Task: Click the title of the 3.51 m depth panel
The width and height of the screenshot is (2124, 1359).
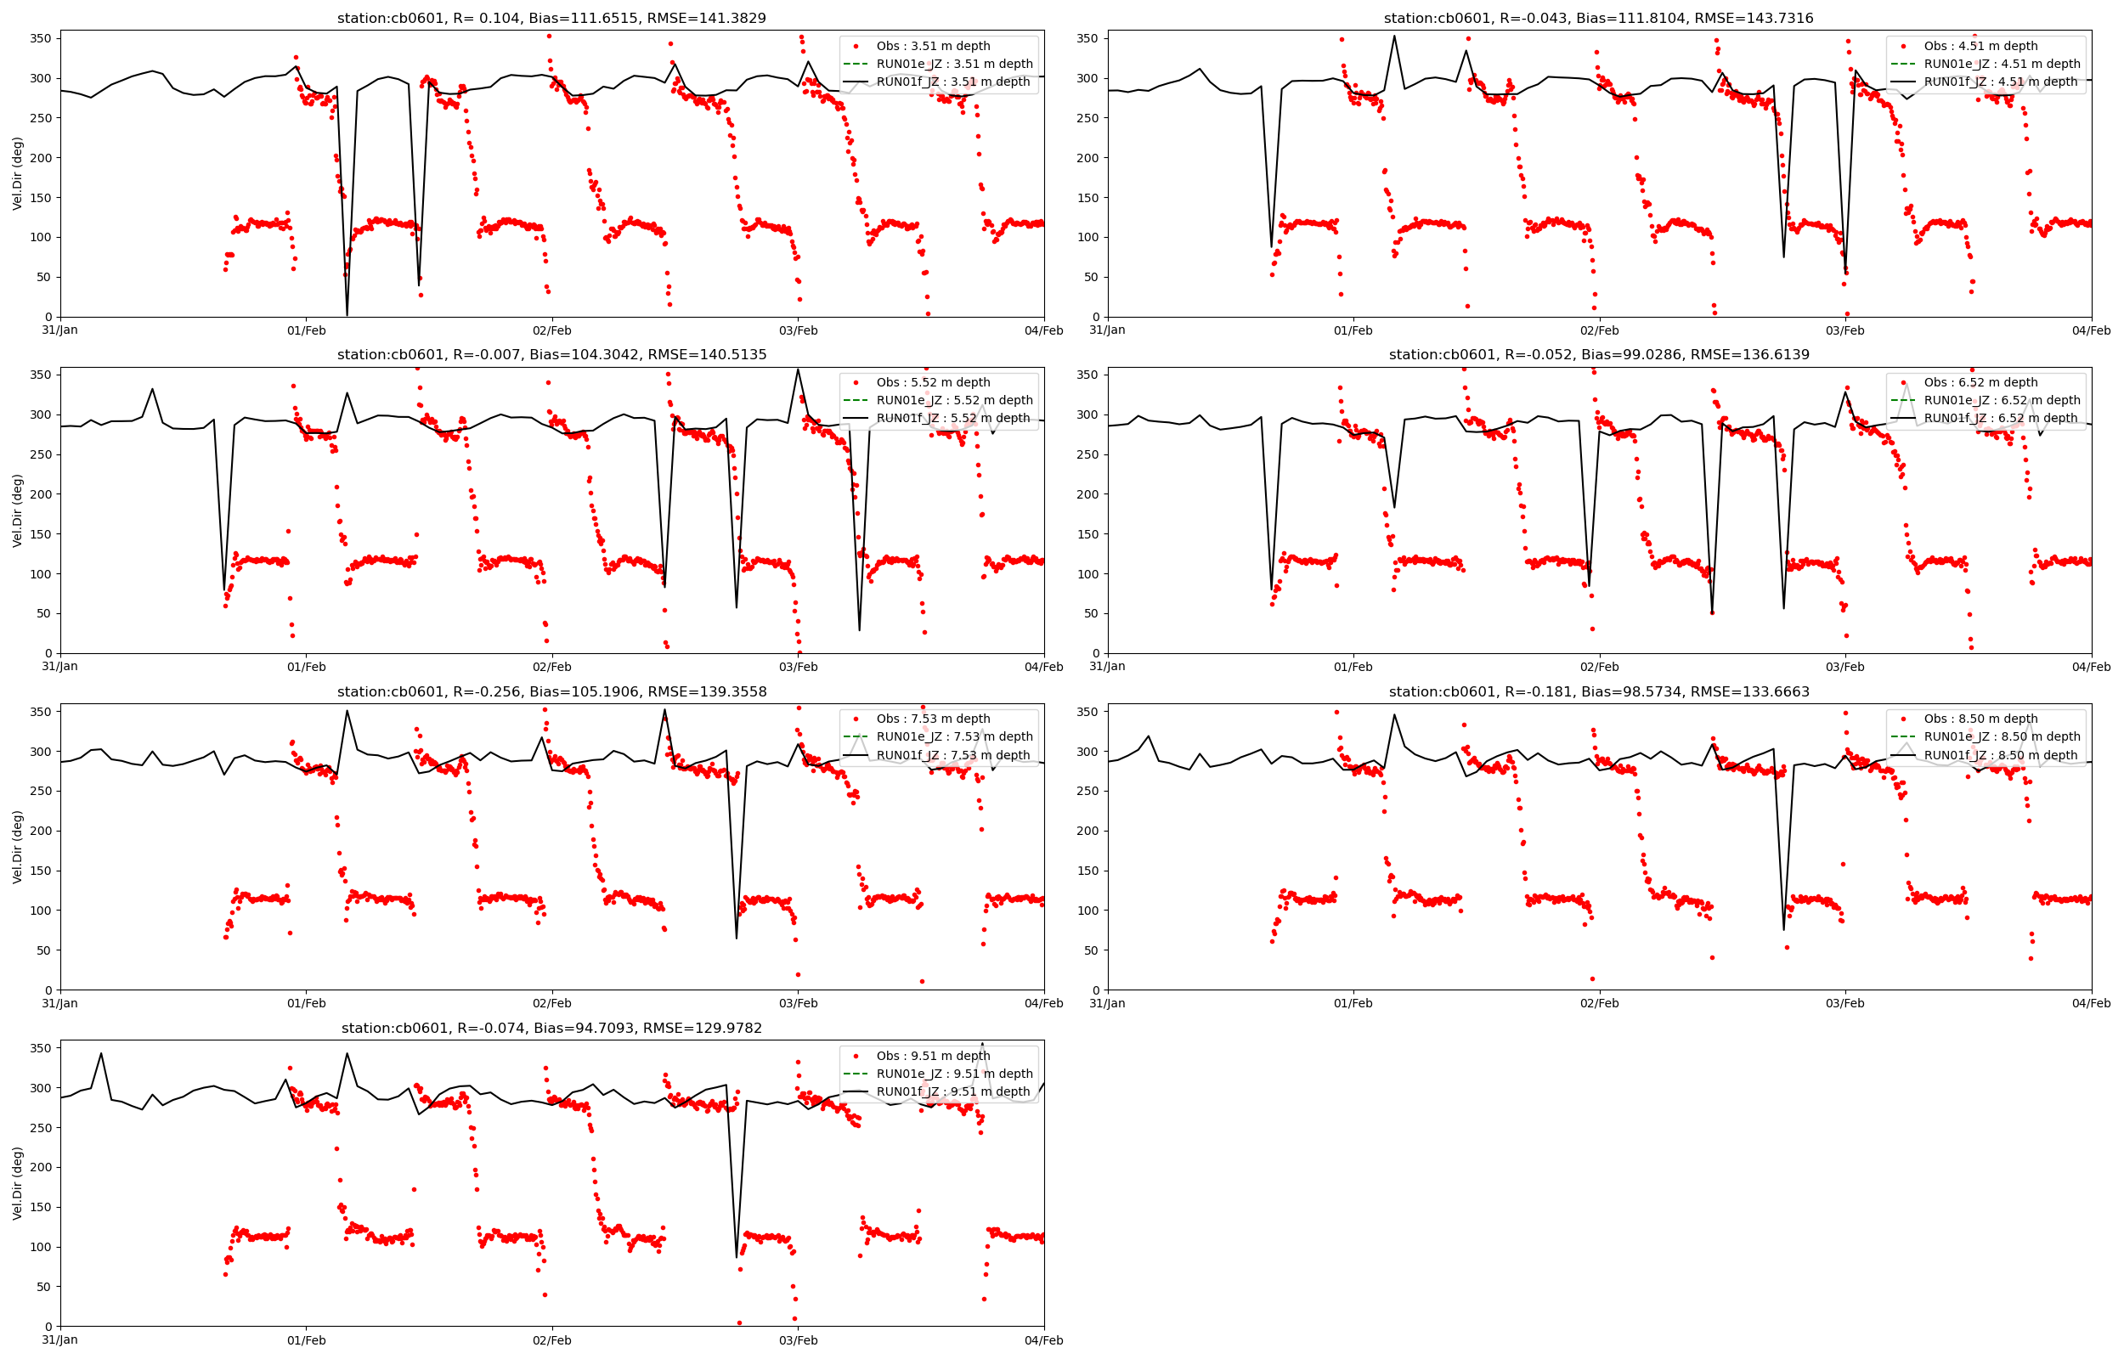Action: point(551,19)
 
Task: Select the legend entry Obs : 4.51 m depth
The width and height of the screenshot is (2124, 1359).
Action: point(1980,46)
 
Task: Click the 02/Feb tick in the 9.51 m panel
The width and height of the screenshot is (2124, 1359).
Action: point(551,1340)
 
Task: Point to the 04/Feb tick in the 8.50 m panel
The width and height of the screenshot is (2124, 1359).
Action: point(2091,1003)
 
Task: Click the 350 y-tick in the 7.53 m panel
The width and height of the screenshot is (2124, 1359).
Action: point(41,712)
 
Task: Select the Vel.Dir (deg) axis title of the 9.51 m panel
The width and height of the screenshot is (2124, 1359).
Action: point(18,1182)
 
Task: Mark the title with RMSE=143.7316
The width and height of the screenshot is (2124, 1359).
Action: point(1598,19)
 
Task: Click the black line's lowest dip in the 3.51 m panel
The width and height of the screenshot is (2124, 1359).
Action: point(347,315)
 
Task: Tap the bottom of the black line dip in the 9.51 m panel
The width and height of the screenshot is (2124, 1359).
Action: point(737,1256)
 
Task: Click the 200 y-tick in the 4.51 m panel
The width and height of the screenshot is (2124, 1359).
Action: point(1087,158)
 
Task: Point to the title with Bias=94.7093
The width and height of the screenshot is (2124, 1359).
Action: point(551,1028)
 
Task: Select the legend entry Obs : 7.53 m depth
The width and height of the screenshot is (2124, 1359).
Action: point(933,719)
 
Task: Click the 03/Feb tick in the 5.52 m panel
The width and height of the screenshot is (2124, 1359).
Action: point(798,667)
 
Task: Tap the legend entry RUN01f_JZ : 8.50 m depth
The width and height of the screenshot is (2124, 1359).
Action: point(2000,755)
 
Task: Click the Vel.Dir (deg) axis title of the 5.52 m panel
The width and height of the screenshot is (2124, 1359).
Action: point(18,510)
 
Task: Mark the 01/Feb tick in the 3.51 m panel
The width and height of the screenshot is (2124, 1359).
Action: point(306,331)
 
